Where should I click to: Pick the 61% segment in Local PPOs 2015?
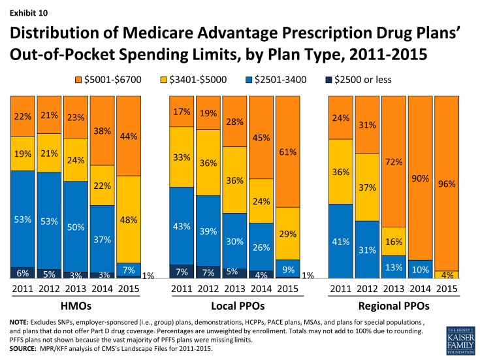click(288, 152)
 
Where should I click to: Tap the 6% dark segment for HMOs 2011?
click(22, 273)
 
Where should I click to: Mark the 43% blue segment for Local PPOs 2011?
click(182, 225)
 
